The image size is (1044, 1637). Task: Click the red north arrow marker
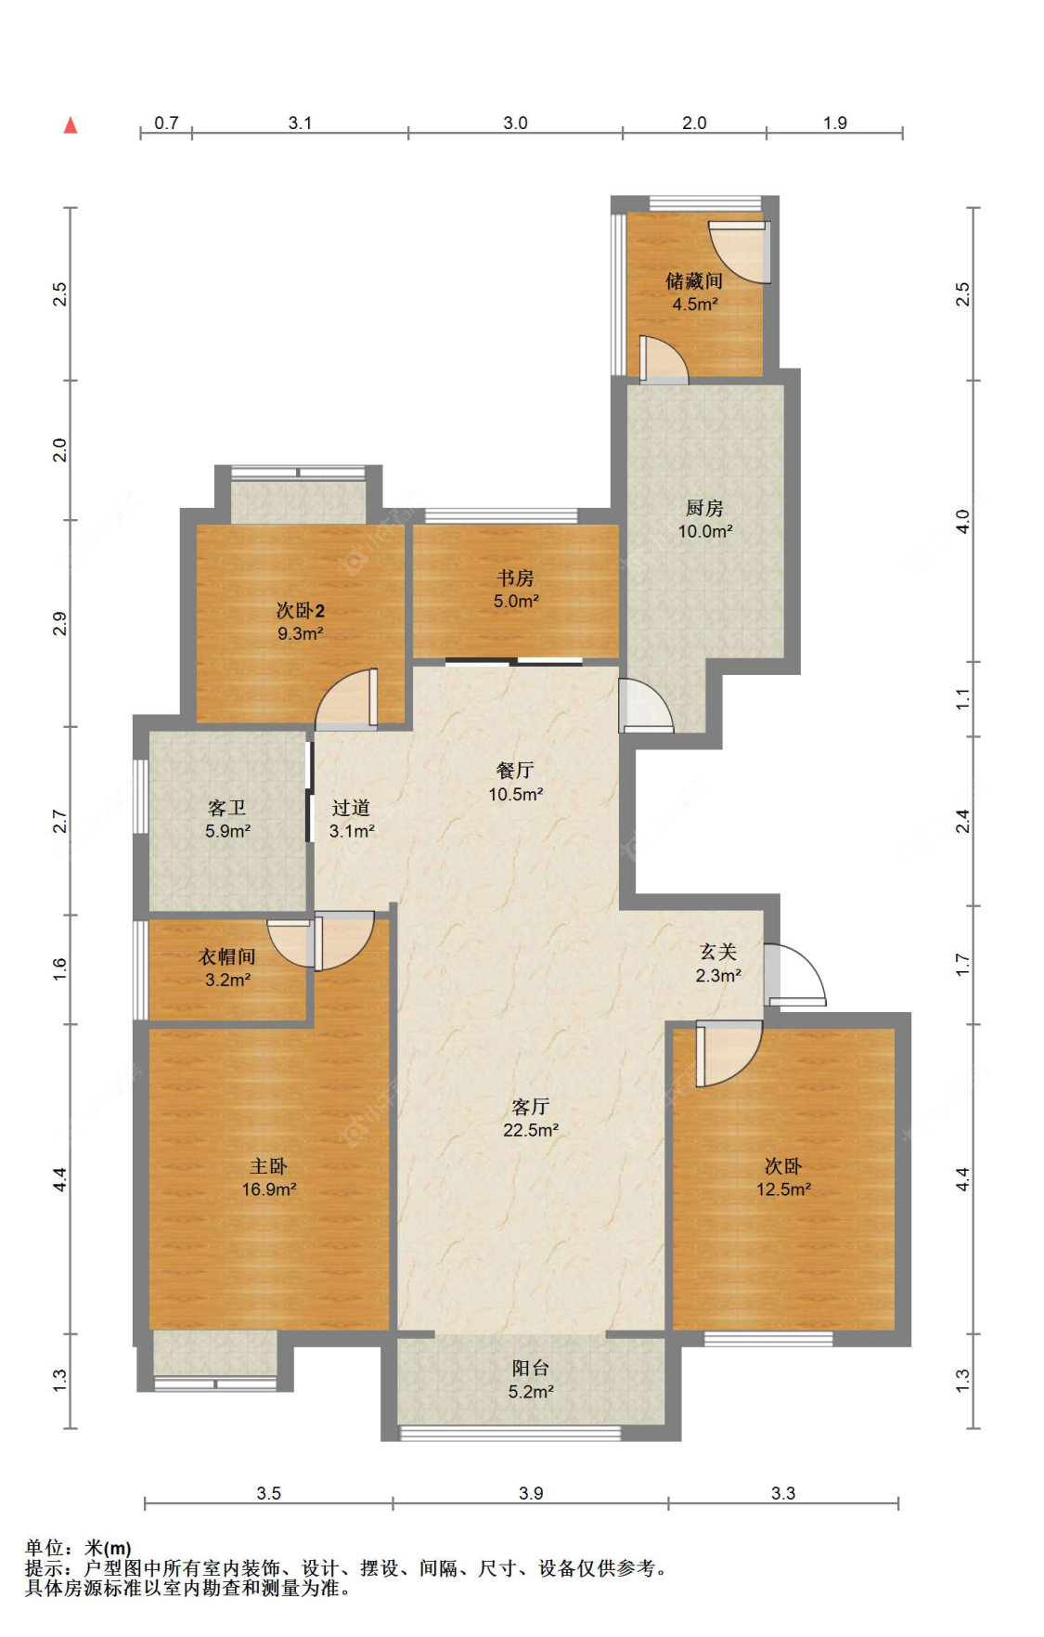click(70, 124)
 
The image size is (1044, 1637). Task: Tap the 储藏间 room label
click(694, 280)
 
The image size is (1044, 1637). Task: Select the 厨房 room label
click(704, 508)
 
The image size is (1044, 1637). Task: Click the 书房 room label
click(515, 578)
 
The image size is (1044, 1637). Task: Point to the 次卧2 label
click(300, 610)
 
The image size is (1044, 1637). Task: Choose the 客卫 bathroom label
click(226, 808)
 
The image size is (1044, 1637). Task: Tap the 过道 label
click(351, 808)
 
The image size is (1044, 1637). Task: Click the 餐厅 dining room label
click(515, 770)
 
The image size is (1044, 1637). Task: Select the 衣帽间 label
click(226, 956)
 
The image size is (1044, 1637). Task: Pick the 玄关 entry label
click(718, 952)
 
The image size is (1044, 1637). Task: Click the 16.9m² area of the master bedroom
click(269, 1189)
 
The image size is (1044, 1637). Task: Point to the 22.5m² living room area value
click(531, 1130)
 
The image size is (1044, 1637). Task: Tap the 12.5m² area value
click(783, 1189)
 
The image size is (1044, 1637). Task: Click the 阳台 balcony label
click(530, 1368)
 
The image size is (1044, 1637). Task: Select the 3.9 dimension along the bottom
click(531, 1493)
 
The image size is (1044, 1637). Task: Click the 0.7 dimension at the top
click(166, 123)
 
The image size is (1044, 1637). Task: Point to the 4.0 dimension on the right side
click(962, 521)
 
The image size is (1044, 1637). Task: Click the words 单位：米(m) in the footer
click(78, 1548)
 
